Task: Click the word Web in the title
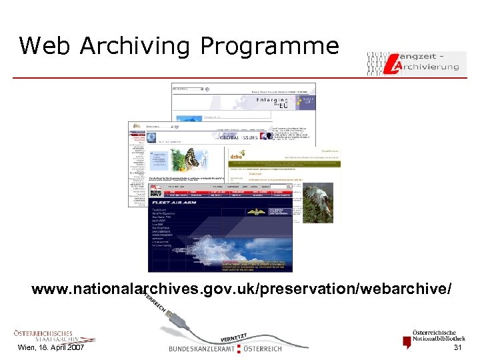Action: click(44, 46)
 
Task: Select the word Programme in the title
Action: click(269, 47)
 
